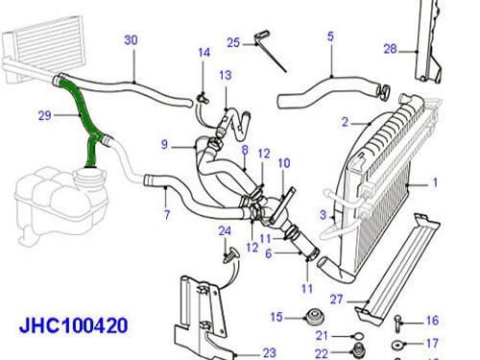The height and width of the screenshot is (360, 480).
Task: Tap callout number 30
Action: pyautogui.click(x=131, y=40)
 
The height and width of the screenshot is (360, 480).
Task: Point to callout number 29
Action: pyautogui.click(x=44, y=116)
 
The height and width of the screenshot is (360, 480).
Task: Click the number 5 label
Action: pyautogui.click(x=330, y=36)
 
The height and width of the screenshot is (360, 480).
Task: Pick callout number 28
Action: pyautogui.click(x=391, y=48)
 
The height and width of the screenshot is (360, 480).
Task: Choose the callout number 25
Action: pyautogui.click(x=232, y=41)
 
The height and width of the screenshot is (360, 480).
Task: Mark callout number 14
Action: pyautogui.click(x=203, y=52)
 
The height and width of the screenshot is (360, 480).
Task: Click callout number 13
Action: pyautogui.click(x=224, y=75)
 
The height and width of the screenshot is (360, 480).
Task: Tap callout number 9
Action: pyautogui.click(x=165, y=145)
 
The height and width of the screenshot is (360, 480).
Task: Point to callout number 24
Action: pyautogui.click(x=224, y=230)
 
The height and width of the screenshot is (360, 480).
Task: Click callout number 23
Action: pyautogui.click(x=269, y=351)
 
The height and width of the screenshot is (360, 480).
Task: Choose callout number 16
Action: pyautogui.click(x=431, y=321)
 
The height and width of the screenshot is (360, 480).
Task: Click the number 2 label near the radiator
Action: pyautogui.click(x=343, y=122)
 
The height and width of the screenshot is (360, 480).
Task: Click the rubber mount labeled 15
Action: pyautogui.click(x=313, y=317)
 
